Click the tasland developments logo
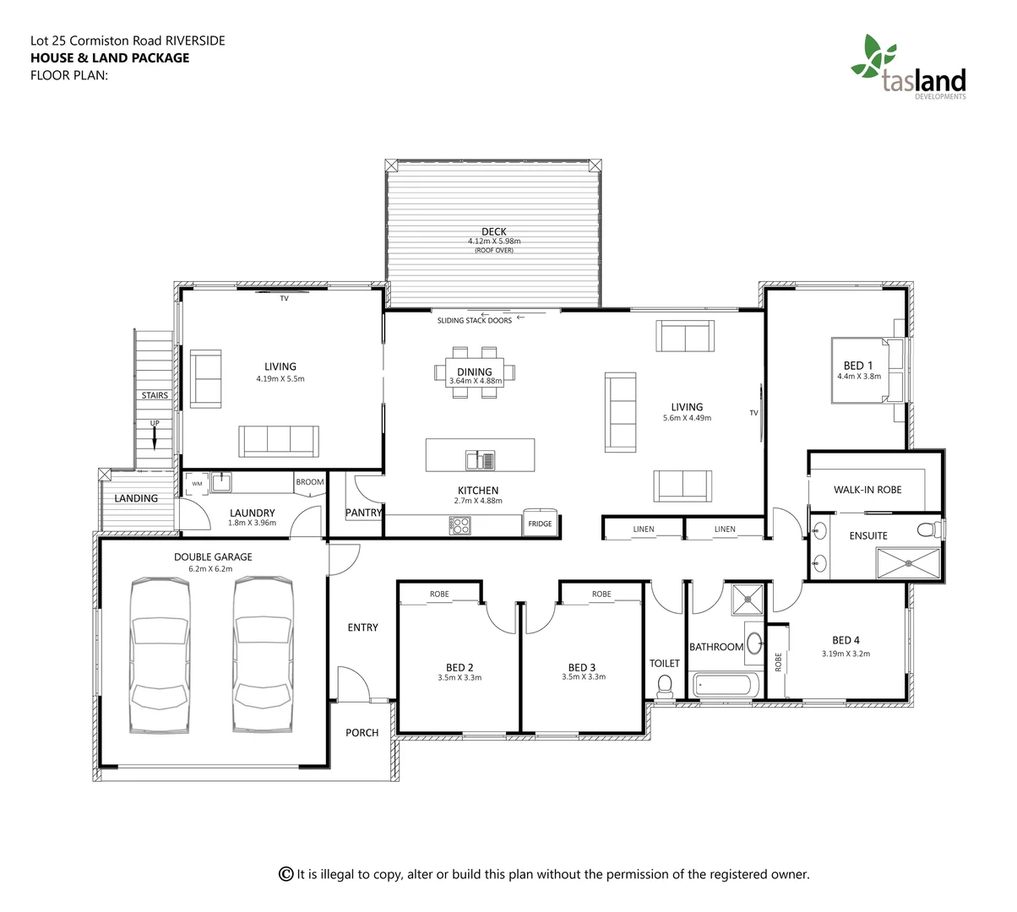click(908, 68)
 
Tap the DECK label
click(494, 231)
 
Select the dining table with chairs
click(475, 372)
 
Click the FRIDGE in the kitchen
click(540, 522)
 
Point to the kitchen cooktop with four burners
click(460, 525)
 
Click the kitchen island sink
click(481, 460)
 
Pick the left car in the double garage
click(160, 654)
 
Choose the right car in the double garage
click(264, 654)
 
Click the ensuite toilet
click(928, 530)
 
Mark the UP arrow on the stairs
click(155, 437)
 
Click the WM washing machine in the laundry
click(197, 484)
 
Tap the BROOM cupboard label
click(309, 482)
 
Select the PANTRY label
click(364, 513)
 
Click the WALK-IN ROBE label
click(867, 490)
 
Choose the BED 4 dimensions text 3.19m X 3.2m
click(846, 654)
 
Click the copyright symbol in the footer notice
click(286, 874)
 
